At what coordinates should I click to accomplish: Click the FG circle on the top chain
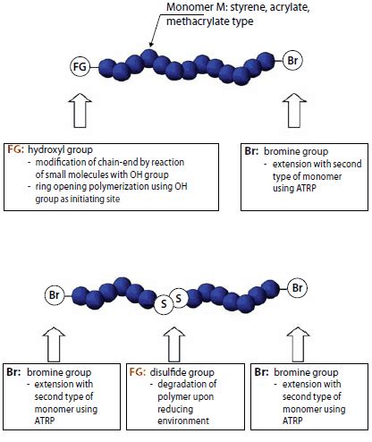[80, 65]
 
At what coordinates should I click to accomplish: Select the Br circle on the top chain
[294, 61]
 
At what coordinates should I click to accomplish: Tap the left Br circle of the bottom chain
[53, 293]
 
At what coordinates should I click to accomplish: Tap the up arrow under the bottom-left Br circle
[54, 338]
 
